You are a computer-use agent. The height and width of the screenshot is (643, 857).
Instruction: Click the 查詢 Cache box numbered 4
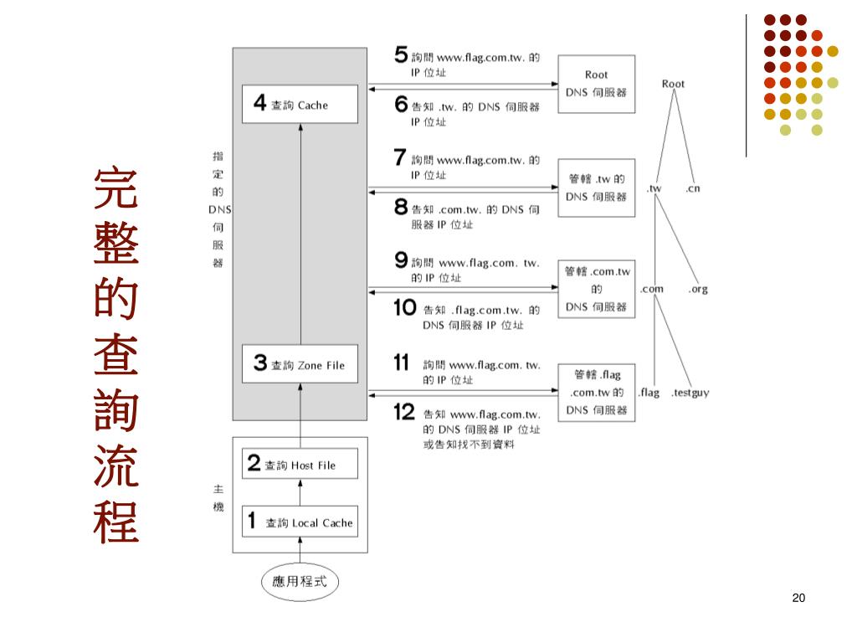pyautogui.click(x=300, y=105)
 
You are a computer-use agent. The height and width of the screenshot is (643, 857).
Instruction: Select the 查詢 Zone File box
pyautogui.click(x=300, y=365)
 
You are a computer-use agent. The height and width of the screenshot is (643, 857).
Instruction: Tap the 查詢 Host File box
pyautogui.click(x=300, y=465)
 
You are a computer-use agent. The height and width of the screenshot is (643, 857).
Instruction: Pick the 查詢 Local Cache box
pyautogui.click(x=300, y=522)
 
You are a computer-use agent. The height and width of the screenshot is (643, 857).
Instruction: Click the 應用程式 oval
pyautogui.click(x=300, y=580)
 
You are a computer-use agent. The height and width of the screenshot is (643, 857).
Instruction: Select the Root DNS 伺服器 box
pyautogui.click(x=596, y=84)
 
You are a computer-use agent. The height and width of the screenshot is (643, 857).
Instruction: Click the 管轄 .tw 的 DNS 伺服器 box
pyautogui.click(x=596, y=188)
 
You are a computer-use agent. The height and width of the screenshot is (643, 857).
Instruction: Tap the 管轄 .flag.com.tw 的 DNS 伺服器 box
pyautogui.click(x=596, y=392)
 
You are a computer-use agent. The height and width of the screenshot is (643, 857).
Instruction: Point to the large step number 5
pyautogui.click(x=401, y=56)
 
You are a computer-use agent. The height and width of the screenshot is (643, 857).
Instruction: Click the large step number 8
pyautogui.click(x=401, y=208)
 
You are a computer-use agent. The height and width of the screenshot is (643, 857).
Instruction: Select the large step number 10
pyautogui.click(x=405, y=308)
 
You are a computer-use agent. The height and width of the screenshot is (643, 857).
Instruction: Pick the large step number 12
pyautogui.click(x=404, y=412)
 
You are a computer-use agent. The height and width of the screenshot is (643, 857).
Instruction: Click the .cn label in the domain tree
pyautogui.click(x=693, y=188)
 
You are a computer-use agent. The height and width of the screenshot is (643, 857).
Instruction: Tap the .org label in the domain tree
pyautogui.click(x=698, y=290)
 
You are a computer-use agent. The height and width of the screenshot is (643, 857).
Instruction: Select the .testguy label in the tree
pyautogui.click(x=690, y=393)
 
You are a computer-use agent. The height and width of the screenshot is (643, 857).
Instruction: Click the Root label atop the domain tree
pyautogui.click(x=673, y=84)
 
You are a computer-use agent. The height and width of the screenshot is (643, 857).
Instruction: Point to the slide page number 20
pyautogui.click(x=798, y=598)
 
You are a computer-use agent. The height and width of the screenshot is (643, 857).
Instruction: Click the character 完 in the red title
pyautogui.click(x=116, y=189)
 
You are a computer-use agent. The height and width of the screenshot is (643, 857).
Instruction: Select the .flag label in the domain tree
pyautogui.click(x=649, y=393)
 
